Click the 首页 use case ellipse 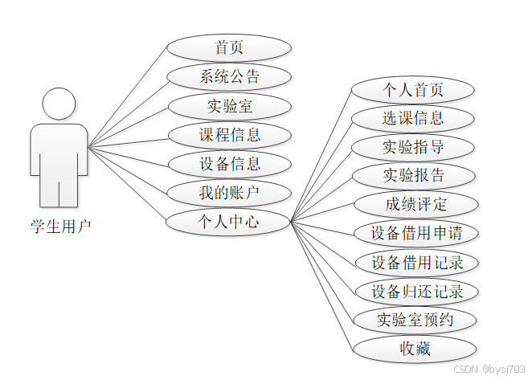[x=229, y=48]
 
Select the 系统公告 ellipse [x=229, y=77]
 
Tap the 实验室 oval [x=229, y=106]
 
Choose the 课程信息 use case [x=229, y=135]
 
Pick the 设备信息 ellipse [x=229, y=164]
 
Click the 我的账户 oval [x=229, y=193]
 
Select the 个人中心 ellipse [x=229, y=222]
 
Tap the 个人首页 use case [x=414, y=89]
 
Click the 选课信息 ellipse [x=414, y=118]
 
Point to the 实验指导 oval [x=414, y=147]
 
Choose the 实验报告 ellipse [x=414, y=175]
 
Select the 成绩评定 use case [x=415, y=204]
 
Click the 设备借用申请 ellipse [x=415, y=234]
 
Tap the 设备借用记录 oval [x=415, y=263]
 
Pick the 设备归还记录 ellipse [x=415, y=291]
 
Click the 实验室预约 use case [x=415, y=320]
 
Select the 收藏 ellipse [x=415, y=349]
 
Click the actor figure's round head [x=59, y=104]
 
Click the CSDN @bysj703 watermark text [x=489, y=369]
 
